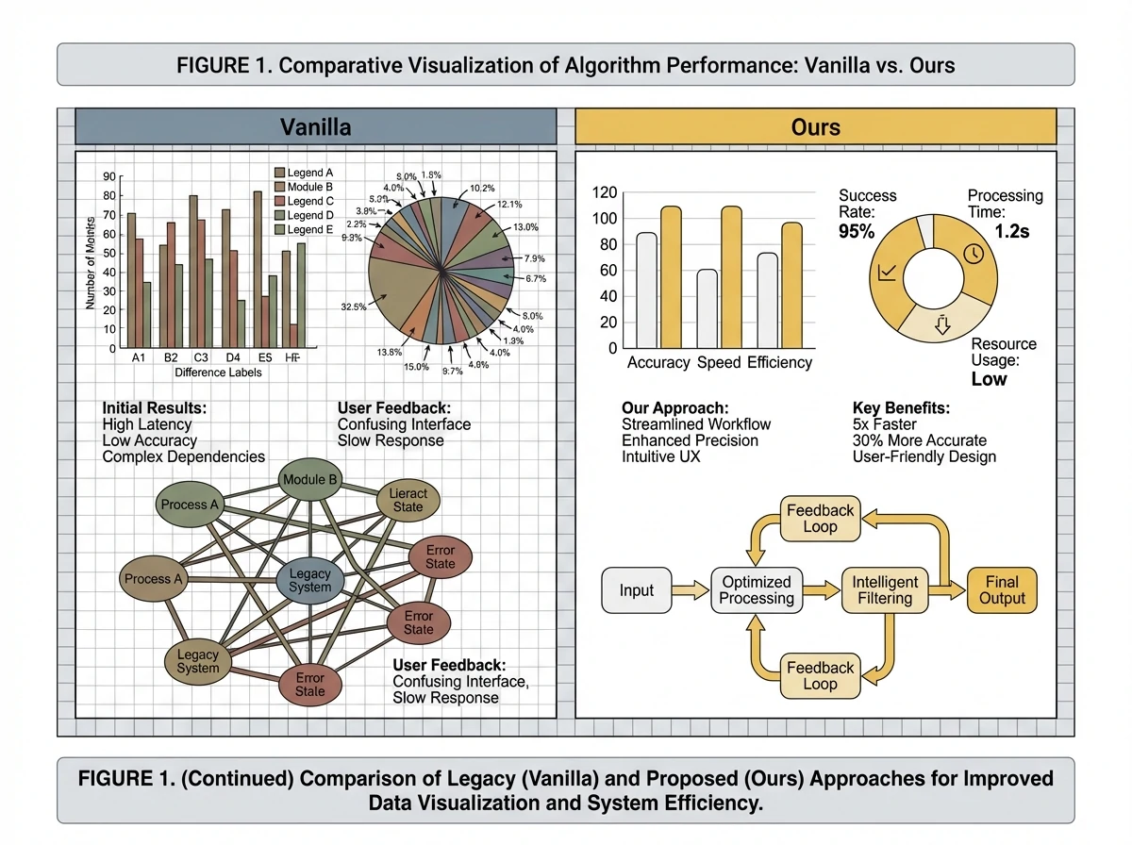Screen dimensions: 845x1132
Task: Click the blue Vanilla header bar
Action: (315, 127)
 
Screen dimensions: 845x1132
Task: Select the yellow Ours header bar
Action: (815, 127)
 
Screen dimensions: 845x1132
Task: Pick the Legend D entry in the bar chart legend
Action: (309, 215)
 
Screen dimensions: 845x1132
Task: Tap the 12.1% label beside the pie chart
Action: (509, 205)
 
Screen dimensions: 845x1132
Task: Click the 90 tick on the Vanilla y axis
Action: (109, 176)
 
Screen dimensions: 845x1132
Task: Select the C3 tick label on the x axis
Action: (201, 358)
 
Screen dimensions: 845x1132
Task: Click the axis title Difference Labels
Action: (219, 373)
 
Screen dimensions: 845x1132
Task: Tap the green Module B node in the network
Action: (310, 480)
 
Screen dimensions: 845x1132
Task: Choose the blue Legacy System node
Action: (310, 580)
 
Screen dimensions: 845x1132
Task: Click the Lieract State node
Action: (408, 500)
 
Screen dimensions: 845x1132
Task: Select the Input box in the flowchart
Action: (637, 590)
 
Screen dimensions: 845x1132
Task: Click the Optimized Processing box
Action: (757, 590)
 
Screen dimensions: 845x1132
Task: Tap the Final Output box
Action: (1002, 590)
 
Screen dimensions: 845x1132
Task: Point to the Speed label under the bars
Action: (719, 362)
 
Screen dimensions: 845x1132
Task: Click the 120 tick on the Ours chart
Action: (603, 192)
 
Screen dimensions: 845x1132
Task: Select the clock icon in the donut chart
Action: (974, 254)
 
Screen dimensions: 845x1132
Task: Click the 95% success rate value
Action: (857, 231)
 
